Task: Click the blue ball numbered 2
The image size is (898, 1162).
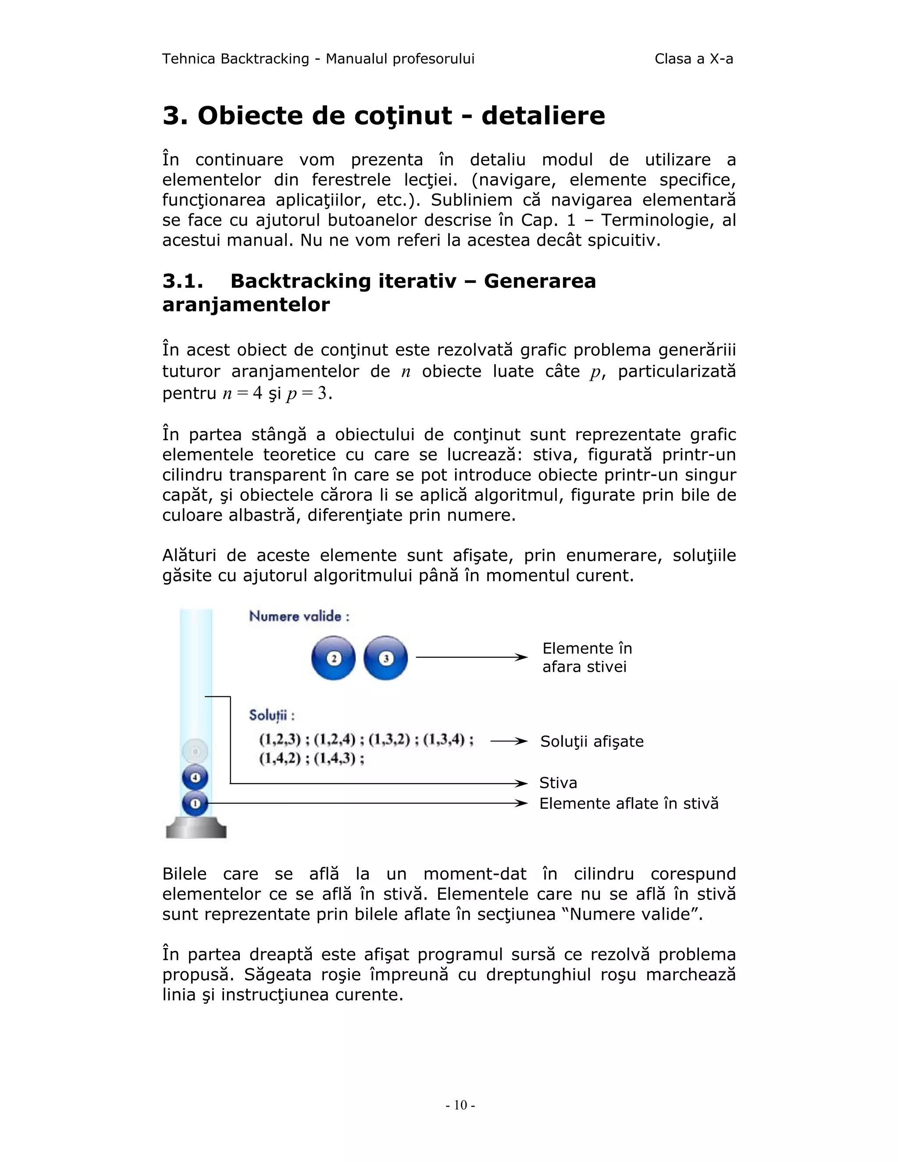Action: click(334, 658)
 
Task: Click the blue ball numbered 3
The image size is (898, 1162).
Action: click(386, 658)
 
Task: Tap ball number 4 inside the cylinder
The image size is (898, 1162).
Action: click(195, 777)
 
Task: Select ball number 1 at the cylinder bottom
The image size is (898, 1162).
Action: click(195, 803)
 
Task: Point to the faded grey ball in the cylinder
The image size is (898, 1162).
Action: click(195, 751)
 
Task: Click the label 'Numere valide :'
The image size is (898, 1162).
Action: click(299, 617)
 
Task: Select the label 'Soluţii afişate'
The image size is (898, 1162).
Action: click(592, 741)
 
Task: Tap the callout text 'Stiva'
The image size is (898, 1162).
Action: click(558, 783)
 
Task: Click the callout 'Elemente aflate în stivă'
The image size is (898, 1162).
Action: click(628, 803)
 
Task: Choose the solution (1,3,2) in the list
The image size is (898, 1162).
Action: click(389, 740)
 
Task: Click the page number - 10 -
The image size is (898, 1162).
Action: click(460, 1105)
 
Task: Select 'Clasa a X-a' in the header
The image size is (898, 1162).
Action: click(693, 59)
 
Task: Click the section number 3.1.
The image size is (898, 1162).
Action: click(182, 281)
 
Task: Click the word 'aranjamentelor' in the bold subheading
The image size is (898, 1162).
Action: click(246, 305)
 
